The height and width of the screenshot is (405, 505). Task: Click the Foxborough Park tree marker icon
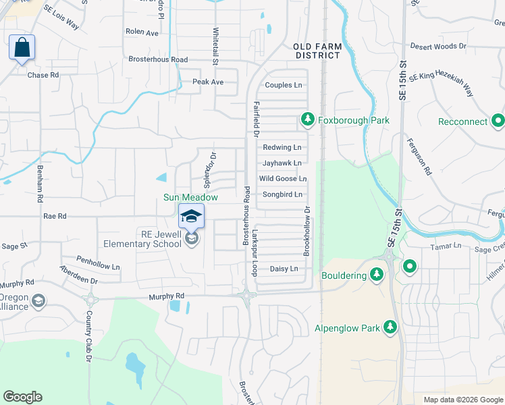pos(308,120)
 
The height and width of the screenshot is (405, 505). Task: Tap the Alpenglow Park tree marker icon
pos(390,328)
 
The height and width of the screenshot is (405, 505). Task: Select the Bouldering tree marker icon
pos(377,275)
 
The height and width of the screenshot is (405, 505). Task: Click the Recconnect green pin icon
pos(498,122)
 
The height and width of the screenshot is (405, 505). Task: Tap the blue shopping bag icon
pos(22,48)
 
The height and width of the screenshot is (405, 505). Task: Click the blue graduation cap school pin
pos(192,217)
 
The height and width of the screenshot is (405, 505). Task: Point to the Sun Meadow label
pos(190,197)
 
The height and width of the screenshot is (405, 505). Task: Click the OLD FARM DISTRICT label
pos(317,51)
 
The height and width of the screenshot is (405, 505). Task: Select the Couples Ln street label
pos(284,85)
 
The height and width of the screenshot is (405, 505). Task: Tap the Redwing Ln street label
pos(282,147)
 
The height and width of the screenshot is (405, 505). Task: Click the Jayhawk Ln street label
pos(282,163)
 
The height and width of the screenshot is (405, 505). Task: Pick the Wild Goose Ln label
pos(283,179)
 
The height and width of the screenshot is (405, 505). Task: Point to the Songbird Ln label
pos(282,194)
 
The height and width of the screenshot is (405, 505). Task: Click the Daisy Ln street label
pos(284,269)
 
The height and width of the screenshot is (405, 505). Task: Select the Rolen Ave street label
pos(142,32)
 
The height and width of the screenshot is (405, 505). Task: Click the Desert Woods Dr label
pos(438,47)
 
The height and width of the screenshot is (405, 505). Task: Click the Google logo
pos(22,397)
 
